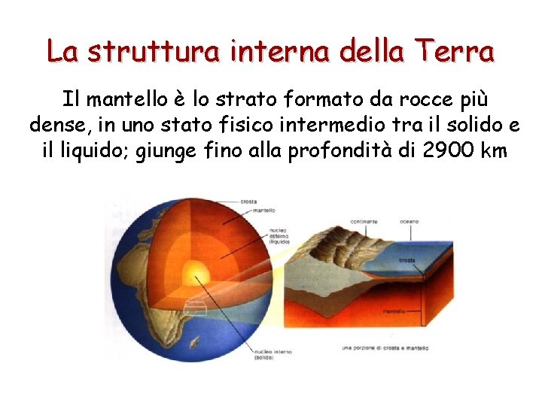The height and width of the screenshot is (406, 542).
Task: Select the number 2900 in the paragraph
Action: pos(450,150)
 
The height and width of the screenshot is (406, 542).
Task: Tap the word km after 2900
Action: pos(494,150)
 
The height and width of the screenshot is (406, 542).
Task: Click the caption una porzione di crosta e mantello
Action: pos(385,348)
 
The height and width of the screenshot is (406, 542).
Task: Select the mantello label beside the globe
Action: pos(263,211)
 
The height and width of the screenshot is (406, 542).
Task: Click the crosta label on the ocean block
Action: pos(407,261)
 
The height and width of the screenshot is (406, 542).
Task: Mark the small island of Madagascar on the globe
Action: pos(195,345)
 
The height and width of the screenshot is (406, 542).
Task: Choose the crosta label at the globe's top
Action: pos(248,201)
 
